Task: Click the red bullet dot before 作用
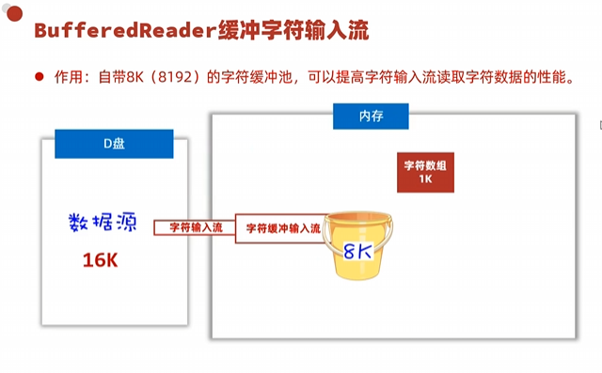pos(40,77)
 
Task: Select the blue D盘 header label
pos(114,143)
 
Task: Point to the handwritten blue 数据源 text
pos(103,223)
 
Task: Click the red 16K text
pos(100,260)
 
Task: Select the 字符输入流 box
pos(196,227)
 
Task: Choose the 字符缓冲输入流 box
pos(282,227)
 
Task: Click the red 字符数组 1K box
pos(425,172)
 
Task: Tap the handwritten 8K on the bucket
pos(360,252)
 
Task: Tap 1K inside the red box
pos(425,179)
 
